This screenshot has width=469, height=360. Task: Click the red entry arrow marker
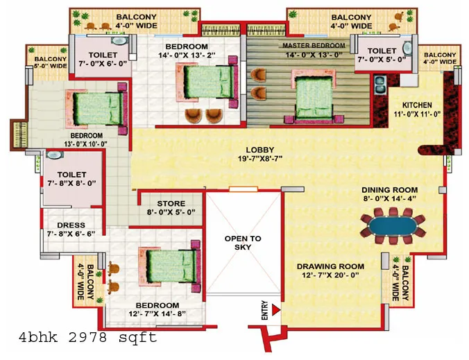point(275,310)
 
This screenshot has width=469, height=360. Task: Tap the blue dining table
point(393,226)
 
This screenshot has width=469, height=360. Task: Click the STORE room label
point(171,204)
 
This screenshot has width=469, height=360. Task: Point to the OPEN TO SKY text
point(243,243)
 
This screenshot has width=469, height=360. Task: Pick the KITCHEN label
point(417,105)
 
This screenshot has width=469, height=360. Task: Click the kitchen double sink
point(380,85)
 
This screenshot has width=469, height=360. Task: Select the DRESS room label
point(71,225)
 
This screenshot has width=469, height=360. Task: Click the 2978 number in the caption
point(87,338)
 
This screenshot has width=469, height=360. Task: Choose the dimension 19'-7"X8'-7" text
point(260,158)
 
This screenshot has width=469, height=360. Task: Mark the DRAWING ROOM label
point(330,266)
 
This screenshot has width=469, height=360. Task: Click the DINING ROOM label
point(390,190)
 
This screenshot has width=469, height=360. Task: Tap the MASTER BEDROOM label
point(314,46)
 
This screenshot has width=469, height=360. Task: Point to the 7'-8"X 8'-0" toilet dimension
point(71,183)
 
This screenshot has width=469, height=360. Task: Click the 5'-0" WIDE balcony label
point(50,66)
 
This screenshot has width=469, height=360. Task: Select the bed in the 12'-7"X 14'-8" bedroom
point(169,266)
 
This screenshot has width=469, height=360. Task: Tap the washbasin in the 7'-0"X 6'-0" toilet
point(119,41)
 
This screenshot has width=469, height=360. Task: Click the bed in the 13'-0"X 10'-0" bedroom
point(96,109)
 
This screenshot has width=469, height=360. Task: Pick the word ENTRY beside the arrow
point(265,310)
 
